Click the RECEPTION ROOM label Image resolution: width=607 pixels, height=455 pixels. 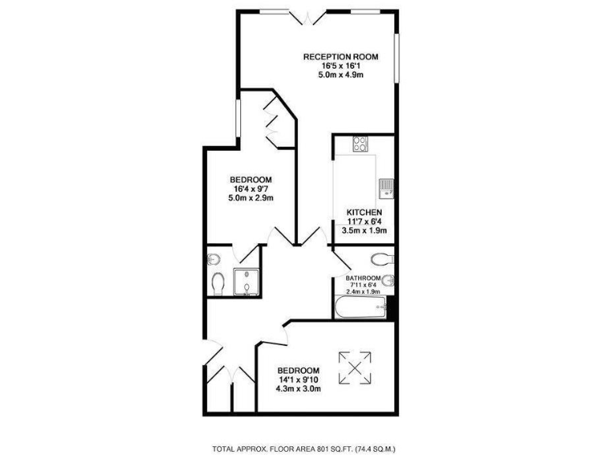click(341, 56)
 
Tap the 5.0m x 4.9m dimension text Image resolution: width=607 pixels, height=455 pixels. click(341, 75)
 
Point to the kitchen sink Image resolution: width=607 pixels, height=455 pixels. click(386, 187)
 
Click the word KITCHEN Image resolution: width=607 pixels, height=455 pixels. click(364, 213)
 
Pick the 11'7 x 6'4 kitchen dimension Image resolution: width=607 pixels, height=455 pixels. click(364, 223)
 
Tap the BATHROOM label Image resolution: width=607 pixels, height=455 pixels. click(363, 278)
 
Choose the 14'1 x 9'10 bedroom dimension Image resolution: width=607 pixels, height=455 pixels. click(298, 380)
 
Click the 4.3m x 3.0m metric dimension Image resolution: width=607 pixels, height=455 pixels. click(298, 389)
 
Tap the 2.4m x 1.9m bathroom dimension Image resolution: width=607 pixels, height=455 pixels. click(363, 291)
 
